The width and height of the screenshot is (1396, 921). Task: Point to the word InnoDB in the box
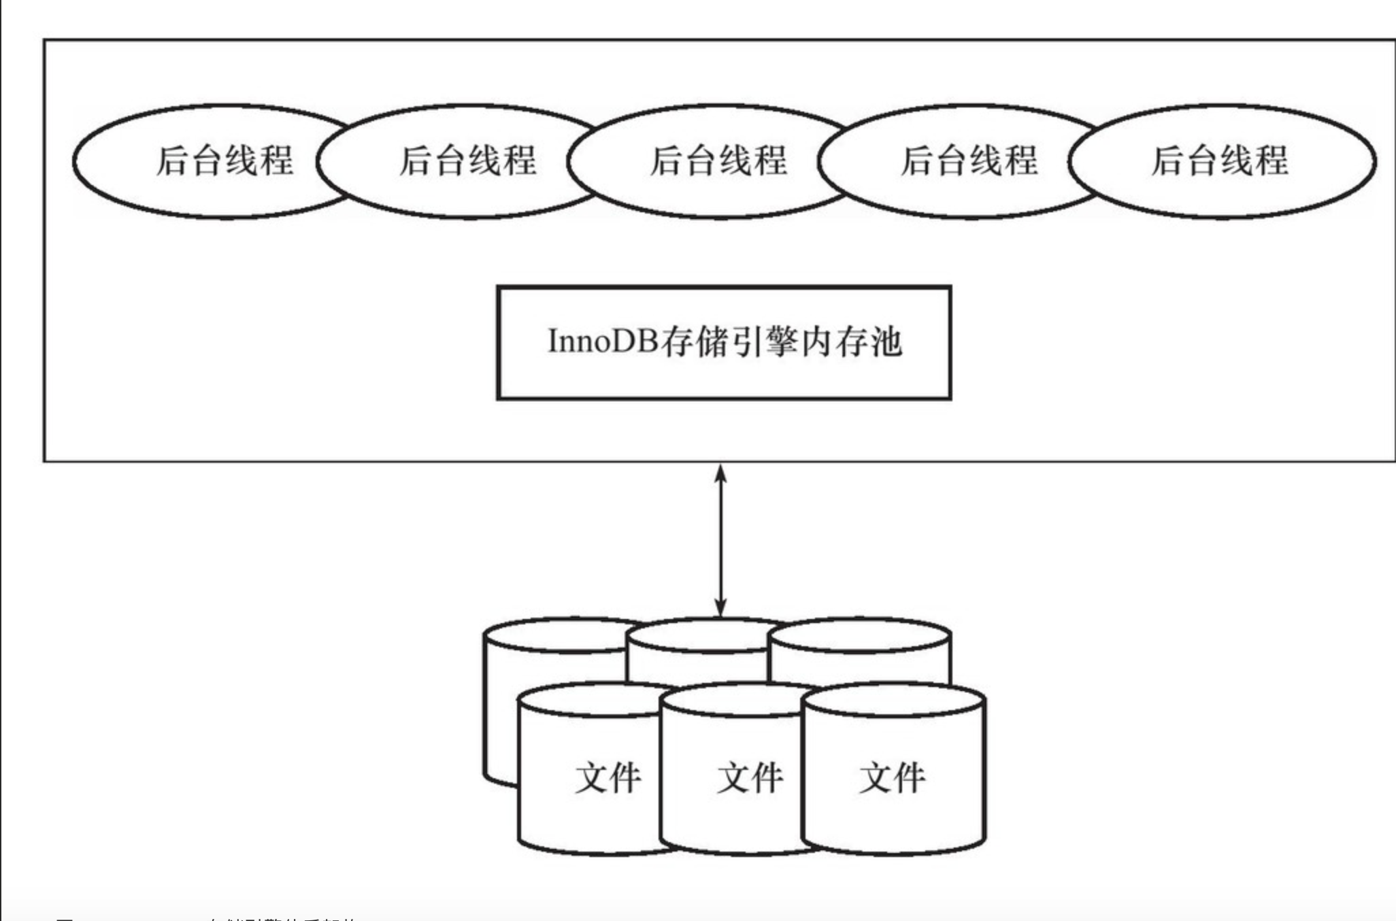(x=603, y=341)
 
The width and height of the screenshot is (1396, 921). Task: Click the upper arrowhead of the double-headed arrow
(x=720, y=473)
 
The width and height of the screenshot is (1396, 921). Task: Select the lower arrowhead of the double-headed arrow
(x=720, y=607)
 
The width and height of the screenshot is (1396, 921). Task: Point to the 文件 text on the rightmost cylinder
(x=893, y=777)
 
